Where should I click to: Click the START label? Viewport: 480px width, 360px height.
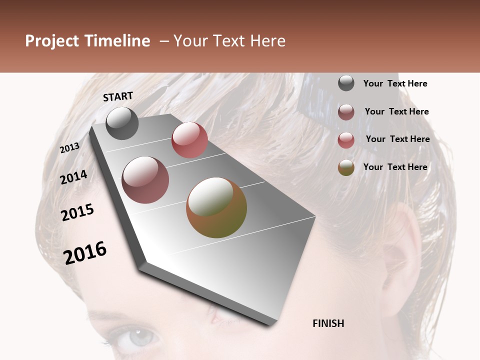point(118,96)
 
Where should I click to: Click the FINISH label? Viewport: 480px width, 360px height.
point(328,323)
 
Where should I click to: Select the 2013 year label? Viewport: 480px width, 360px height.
point(69,148)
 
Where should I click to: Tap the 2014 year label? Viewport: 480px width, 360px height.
point(73,177)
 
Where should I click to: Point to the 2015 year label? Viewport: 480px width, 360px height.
point(77,212)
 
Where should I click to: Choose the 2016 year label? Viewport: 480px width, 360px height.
point(85,252)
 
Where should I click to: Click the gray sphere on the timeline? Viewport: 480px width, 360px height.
point(122,123)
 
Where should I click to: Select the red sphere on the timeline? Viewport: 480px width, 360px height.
point(189,140)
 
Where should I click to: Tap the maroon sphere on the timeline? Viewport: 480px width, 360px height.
point(145,180)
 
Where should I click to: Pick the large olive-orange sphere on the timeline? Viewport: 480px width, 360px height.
point(216,207)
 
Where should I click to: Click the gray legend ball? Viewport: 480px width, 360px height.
point(346,83)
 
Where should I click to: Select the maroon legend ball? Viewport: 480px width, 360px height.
point(346,112)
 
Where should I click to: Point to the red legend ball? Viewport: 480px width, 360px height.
point(346,140)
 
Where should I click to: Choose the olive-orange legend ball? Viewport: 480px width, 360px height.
point(346,168)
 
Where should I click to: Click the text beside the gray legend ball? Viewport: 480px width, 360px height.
point(395,84)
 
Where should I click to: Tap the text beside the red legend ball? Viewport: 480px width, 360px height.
point(397,139)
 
